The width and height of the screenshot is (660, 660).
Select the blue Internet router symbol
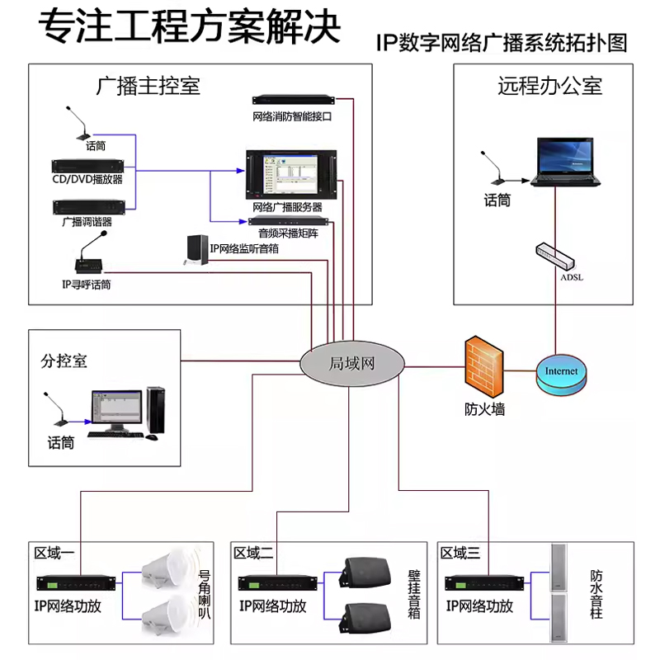pyautogui.click(x=561, y=371)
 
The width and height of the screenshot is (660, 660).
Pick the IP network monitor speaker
pyautogui.click(x=196, y=251)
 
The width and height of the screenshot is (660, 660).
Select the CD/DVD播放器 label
pyautogui.click(x=87, y=179)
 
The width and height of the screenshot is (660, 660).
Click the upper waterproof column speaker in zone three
pyautogui.click(x=560, y=567)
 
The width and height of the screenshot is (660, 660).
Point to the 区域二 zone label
pyautogui.click(x=252, y=553)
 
